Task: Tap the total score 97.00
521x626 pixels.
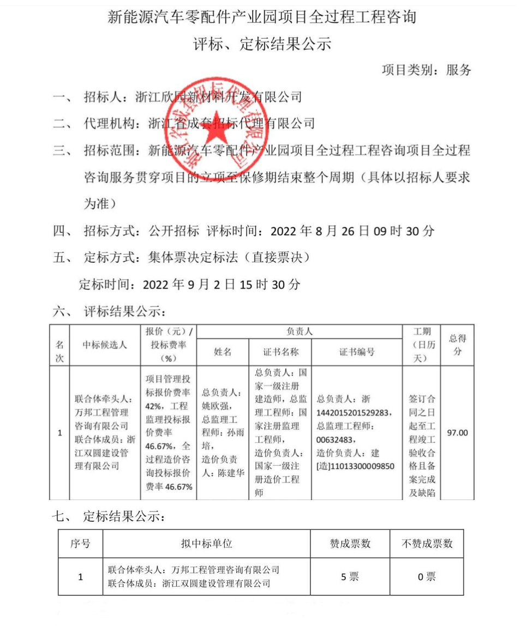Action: tap(458, 433)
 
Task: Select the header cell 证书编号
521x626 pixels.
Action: tap(357, 352)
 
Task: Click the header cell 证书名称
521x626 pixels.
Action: tap(280, 352)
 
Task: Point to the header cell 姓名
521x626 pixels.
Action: tap(223, 352)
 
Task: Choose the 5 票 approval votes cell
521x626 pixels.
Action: tap(350, 576)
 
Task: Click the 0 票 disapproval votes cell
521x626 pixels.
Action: tap(427, 576)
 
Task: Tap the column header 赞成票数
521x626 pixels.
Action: tap(350, 544)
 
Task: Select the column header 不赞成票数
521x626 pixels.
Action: tap(427, 544)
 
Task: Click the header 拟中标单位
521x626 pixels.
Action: tap(207, 544)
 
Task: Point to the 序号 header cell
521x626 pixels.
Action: tap(81, 544)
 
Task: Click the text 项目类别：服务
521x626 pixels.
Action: tap(426, 70)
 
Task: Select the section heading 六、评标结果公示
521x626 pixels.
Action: tap(109, 312)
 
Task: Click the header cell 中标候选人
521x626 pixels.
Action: tap(105, 345)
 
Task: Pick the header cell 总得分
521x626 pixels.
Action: tap(458, 345)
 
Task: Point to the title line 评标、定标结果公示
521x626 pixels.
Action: tap(261, 44)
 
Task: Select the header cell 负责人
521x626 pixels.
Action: tap(299, 331)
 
